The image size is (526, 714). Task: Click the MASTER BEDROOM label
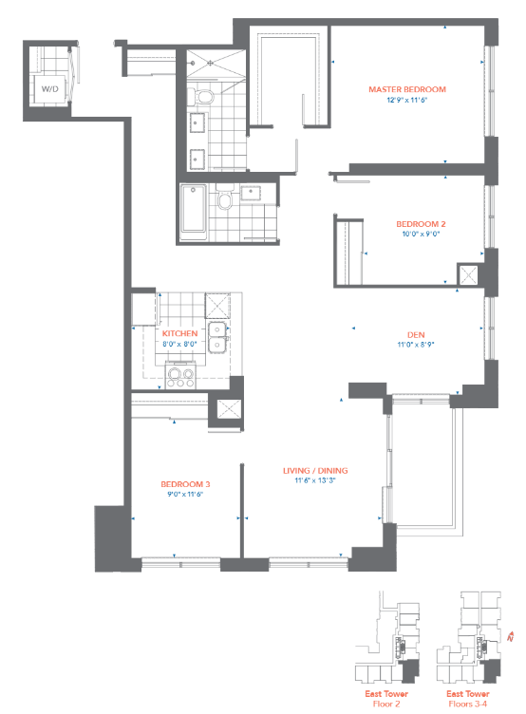point(407,89)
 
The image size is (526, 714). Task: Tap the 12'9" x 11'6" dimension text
point(407,100)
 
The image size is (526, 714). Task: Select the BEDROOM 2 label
point(421,224)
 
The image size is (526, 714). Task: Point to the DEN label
point(416,334)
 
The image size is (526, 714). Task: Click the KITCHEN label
point(179,334)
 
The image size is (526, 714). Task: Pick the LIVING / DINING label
point(315,471)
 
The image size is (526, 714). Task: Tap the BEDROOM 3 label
point(185,484)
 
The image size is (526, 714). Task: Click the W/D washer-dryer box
point(50,89)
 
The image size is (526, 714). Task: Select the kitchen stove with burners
point(180,377)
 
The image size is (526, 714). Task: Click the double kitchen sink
point(217,337)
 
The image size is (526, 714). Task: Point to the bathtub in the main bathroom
point(193,209)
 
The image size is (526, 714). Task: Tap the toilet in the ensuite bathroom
point(202,97)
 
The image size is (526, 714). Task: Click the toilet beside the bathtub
point(224,197)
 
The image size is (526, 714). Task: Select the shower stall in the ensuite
point(216,65)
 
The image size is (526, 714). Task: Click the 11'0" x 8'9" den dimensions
point(416,345)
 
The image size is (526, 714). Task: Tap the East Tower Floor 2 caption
point(386,699)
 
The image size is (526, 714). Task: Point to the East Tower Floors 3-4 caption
point(468,699)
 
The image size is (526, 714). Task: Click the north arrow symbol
point(511,636)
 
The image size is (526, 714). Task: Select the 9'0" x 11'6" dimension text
point(185,495)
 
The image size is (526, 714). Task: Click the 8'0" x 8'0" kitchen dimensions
point(179,345)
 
